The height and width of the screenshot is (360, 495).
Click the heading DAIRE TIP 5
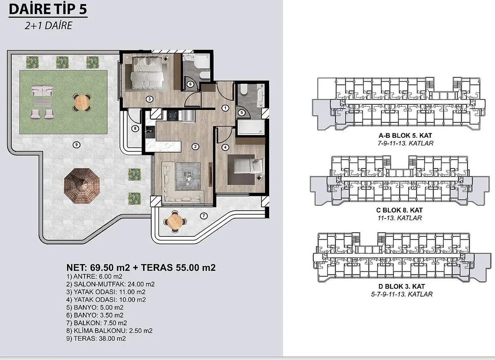click(x=48, y=9)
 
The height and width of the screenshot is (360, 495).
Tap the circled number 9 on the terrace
click(x=76, y=145)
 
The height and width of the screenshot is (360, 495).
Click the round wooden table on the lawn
click(x=82, y=102)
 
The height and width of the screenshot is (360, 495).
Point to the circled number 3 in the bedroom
click(x=150, y=99)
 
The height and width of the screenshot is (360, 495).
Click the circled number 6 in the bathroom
click(x=190, y=84)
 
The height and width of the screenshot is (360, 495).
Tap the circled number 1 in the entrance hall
click(x=225, y=108)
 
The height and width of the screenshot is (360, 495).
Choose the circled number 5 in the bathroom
click(x=242, y=112)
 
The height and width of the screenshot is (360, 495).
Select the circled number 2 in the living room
click(x=195, y=147)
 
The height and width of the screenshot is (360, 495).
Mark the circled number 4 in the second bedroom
click(x=225, y=147)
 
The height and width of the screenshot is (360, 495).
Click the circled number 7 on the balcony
click(x=204, y=216)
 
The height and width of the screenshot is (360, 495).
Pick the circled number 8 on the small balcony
click(x=135, y=129)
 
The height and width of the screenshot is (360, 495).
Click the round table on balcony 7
click(x=174, y=221)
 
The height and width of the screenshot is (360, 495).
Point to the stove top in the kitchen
click(x=173, y=116)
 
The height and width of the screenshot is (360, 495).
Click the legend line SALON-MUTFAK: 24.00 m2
click(x=111, y=284)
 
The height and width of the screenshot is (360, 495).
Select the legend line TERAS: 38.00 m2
click(x=96, y=338)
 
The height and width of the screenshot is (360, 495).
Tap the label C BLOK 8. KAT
click(x=399, y=210)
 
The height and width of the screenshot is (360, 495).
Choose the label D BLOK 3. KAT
click(x=402, y=287)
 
